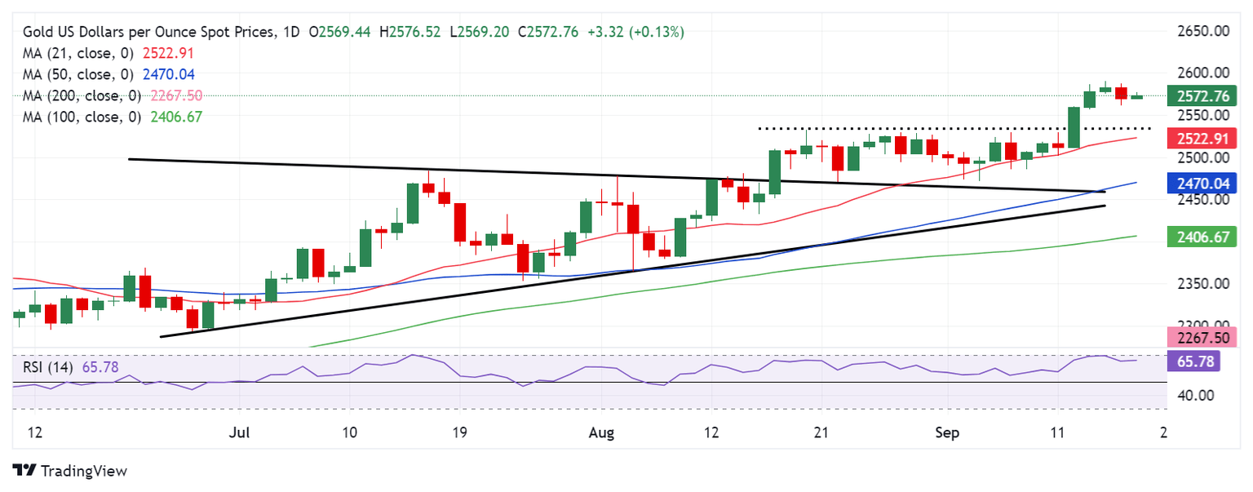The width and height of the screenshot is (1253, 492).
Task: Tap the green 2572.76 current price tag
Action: point(1198,96)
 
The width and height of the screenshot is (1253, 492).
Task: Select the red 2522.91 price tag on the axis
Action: point(1198,138)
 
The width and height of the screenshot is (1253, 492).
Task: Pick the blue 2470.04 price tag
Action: point(1198,184)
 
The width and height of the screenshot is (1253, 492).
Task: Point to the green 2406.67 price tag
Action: point(1198,237)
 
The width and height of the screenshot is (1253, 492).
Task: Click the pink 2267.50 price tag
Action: point(1198,338)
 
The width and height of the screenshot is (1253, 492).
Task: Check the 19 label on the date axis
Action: point(458,431)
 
